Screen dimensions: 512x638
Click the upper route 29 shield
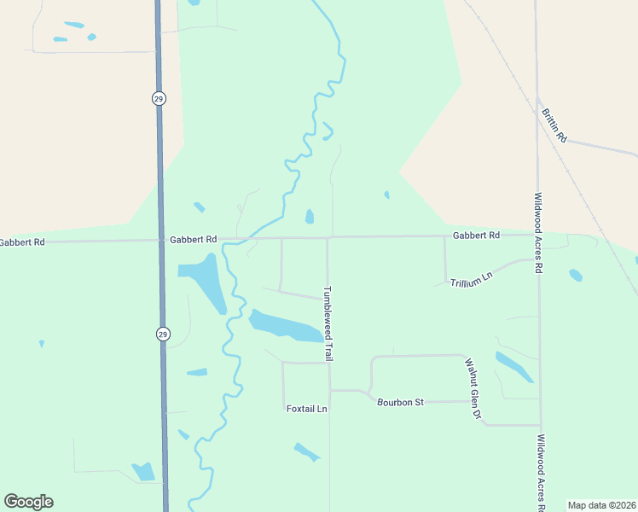pos(159,99)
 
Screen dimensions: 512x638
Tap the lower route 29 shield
pos(162,335)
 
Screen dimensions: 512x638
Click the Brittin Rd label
pos(553,124)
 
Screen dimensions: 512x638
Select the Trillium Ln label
pos(472,279)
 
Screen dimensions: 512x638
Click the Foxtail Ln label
pos(307,409)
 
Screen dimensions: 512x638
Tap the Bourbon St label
pos(401,401)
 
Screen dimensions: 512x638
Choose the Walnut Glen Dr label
pos(473,389)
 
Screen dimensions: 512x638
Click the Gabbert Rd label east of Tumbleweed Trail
pos(476,236)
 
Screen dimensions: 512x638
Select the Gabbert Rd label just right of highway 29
pos(194,240)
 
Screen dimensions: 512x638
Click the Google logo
pos(28,502)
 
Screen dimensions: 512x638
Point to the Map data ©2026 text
pos(601,505)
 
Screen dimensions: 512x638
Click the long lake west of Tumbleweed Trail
pos(287,325)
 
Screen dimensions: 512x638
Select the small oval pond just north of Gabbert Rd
pos(309,217)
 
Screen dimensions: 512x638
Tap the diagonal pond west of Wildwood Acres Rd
pos(513,366)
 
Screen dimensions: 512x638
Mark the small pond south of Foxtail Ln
pos(306,451)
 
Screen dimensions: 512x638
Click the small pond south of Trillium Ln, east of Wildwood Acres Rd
pos(576,275)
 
